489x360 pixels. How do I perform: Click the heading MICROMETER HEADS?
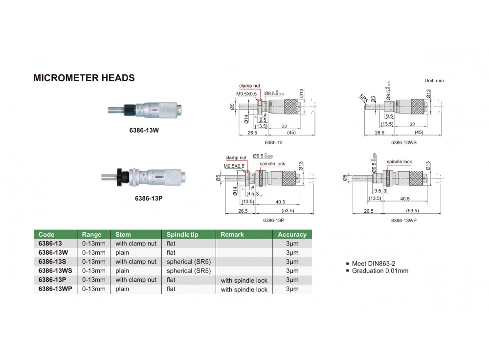point(84,78)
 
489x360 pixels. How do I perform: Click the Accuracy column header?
point(292,234)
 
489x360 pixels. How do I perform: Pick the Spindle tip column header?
point(182,234)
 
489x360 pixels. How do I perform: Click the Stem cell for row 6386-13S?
point(136,261)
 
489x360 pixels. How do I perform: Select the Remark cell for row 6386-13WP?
point(244,290)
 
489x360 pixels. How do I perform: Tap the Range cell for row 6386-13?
point(93,243)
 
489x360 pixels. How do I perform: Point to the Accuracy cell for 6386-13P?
point(292,280)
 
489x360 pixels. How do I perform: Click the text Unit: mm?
point(434,80)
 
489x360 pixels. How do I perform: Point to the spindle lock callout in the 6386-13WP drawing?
point(399,161)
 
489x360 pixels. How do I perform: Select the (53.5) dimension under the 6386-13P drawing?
point(287,211)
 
